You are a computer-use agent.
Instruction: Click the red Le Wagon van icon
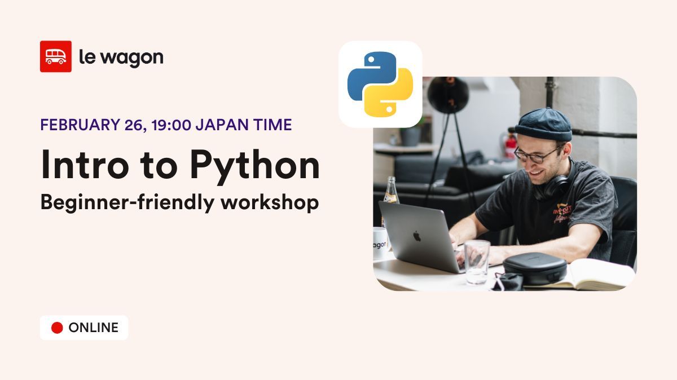(55, 56)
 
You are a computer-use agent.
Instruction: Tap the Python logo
(380, 84)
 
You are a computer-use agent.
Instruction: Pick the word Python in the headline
(254, 166)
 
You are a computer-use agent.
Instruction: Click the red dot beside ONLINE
(57, 328)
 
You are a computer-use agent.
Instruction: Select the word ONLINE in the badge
(93, 328)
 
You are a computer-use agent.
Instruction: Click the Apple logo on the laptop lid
(417, 236)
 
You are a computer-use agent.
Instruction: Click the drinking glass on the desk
(477, 261)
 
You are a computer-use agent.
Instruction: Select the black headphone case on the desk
(534, 267)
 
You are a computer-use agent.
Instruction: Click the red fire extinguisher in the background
(510, 145)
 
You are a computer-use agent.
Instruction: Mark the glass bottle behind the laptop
(390, 192)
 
